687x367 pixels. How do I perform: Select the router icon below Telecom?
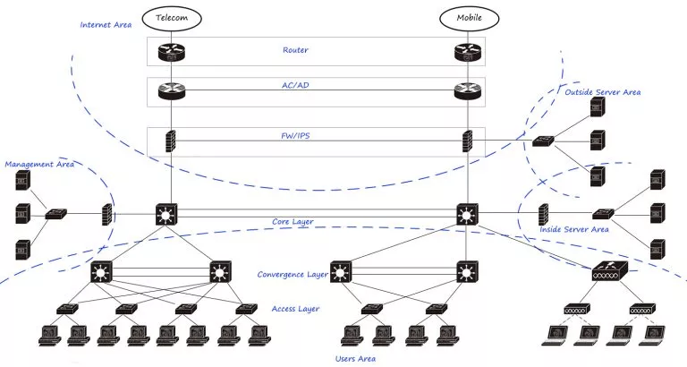click(172, 52)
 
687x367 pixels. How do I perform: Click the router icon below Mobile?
click(469, 52)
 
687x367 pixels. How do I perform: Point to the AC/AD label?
click(295, 85)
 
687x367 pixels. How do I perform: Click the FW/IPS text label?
click(295, 135)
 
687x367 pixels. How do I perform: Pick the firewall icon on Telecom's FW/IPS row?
click(171, 141)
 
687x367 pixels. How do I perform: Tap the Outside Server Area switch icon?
click(543, 141)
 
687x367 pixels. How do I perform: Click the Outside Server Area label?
click(602, 92)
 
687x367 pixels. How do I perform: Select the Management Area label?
click(39, 165)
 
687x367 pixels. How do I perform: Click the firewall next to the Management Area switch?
click(107, 215)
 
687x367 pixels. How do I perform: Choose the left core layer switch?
click(166, 214)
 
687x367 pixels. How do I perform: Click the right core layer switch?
click(467, 214)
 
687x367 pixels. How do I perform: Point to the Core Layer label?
click(293, 221)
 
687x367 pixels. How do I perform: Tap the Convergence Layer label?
click(293, 275)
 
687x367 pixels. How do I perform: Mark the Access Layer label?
click(295, 309)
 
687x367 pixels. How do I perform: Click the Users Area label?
click(355, 359)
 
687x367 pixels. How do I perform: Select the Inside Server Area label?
click(574, 229)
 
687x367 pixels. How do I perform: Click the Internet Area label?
click(106, 25)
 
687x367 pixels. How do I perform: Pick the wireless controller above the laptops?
click(609, 271)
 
